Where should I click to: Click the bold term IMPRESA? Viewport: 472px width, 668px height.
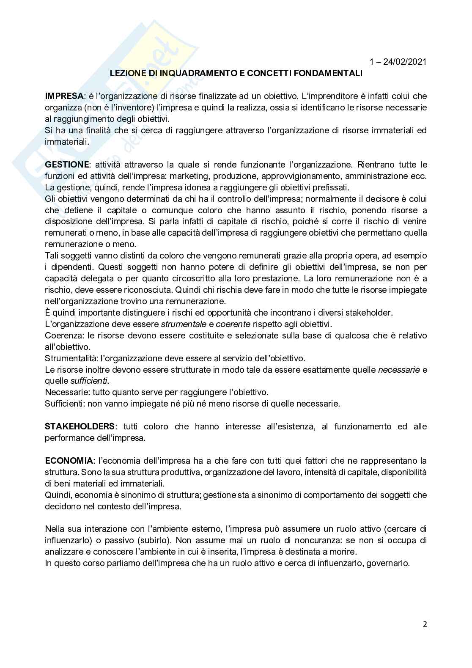point(64,96)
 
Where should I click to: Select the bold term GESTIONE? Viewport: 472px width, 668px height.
point(67,165)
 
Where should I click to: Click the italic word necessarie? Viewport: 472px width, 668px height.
point(399,370)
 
